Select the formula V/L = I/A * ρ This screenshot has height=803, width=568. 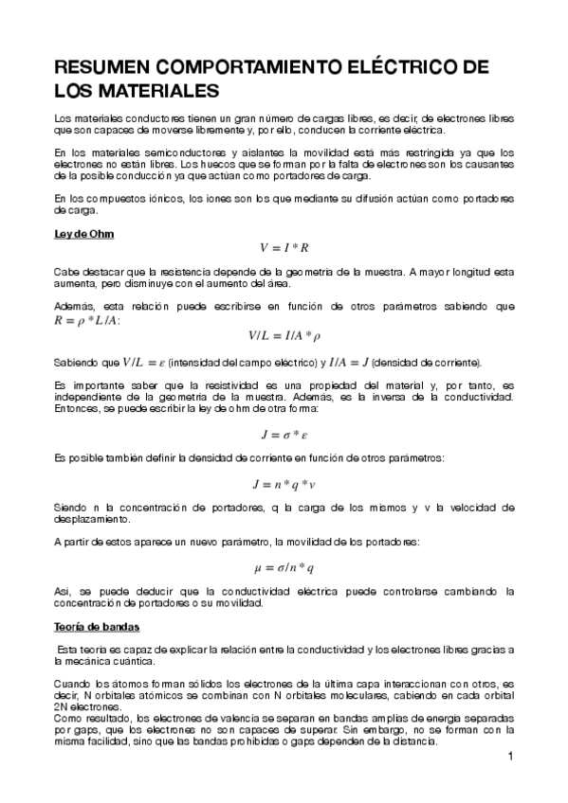click(x=284, y=335)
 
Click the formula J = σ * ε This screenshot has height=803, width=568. click(x=284, y=435)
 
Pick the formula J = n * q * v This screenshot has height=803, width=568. click(x=284, y=484)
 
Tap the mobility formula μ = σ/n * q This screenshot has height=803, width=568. click(x=284, y=568)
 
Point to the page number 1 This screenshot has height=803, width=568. click(x=510, y=757)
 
